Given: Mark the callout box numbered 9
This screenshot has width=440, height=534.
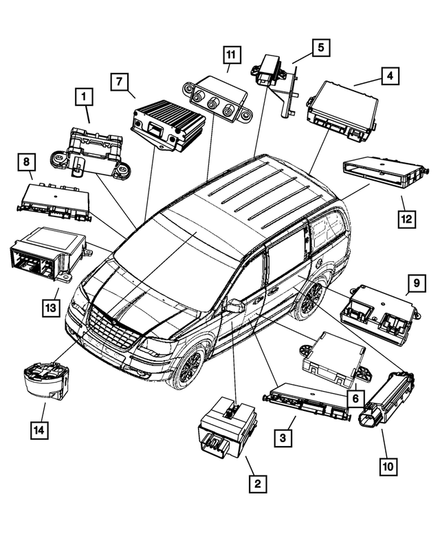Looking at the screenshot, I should point(416,282).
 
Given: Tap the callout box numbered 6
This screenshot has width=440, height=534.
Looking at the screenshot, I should point(355,398).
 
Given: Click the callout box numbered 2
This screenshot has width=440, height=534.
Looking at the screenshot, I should point(257,485).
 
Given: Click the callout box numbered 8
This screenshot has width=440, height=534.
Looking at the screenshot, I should point(26,163).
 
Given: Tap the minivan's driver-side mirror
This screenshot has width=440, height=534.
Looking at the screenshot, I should point(234,306).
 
